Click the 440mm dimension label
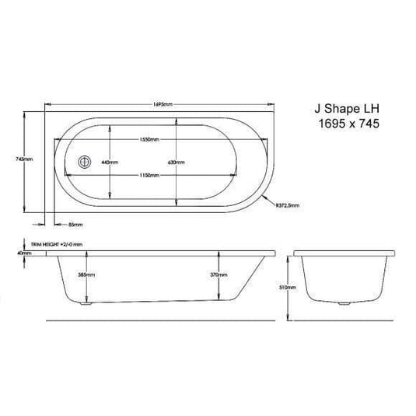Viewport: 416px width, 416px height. (109, 162)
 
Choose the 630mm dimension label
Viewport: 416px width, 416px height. (176, 162)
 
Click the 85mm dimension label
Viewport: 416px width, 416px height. (75, 225)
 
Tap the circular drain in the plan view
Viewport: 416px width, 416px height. (84, 162)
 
